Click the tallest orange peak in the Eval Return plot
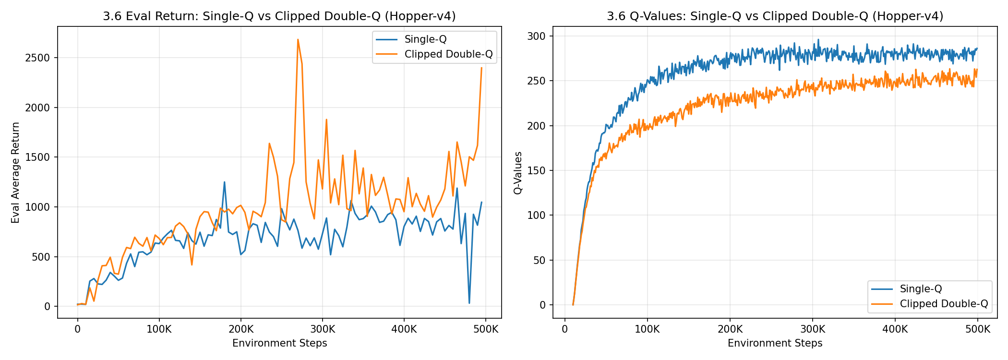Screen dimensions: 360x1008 (298, 40)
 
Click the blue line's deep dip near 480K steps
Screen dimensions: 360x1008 (469, 302)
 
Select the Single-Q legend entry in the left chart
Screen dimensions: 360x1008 (425, 39)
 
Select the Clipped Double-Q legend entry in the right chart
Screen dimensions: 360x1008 (944, 304)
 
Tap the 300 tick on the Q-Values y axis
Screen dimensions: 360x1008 (536, 36)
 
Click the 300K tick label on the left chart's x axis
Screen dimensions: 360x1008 (322, 330)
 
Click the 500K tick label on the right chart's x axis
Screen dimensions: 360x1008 (978, 330)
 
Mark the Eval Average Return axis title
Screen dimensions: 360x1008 (15, 172)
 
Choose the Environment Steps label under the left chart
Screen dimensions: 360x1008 (279, 343)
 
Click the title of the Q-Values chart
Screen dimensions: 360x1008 (775, 16)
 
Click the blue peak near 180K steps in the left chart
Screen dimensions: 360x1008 (224, 182)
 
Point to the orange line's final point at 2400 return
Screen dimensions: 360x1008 (481, 68)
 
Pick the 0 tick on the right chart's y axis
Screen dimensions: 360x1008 (543, 305)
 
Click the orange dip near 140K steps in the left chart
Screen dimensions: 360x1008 (192, 264)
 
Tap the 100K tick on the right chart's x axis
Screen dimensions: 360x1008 (647, 330)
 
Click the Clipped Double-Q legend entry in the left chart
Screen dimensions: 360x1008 (448, 54)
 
